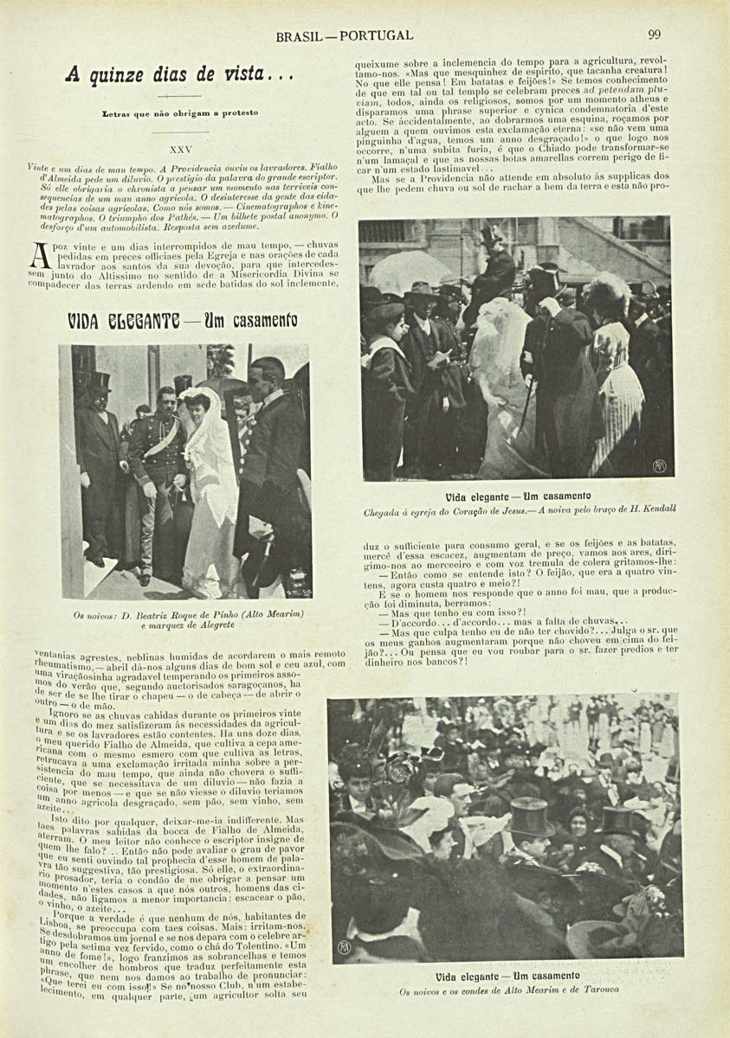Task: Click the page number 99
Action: pyautogui.click(x=654, y=35)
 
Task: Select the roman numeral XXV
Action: pyautogui.click(x=181, y=149)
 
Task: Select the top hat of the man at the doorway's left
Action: pyautogui.click(x=99, y=381)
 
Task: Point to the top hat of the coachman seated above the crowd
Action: pyautogui.click(x=491, y=234)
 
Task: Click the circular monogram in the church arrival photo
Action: pyautogui.click(x=659, y=465)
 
